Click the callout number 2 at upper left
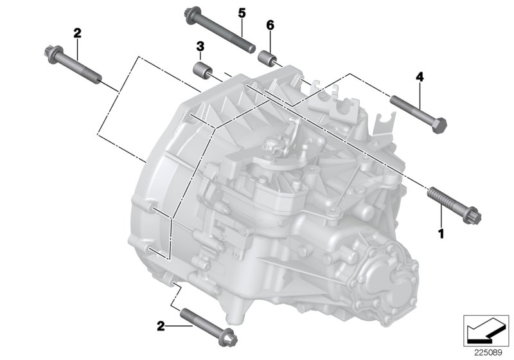click(x=78, y=33)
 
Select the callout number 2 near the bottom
click(x=160, y=326)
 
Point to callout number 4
click(x=420, y=77)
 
